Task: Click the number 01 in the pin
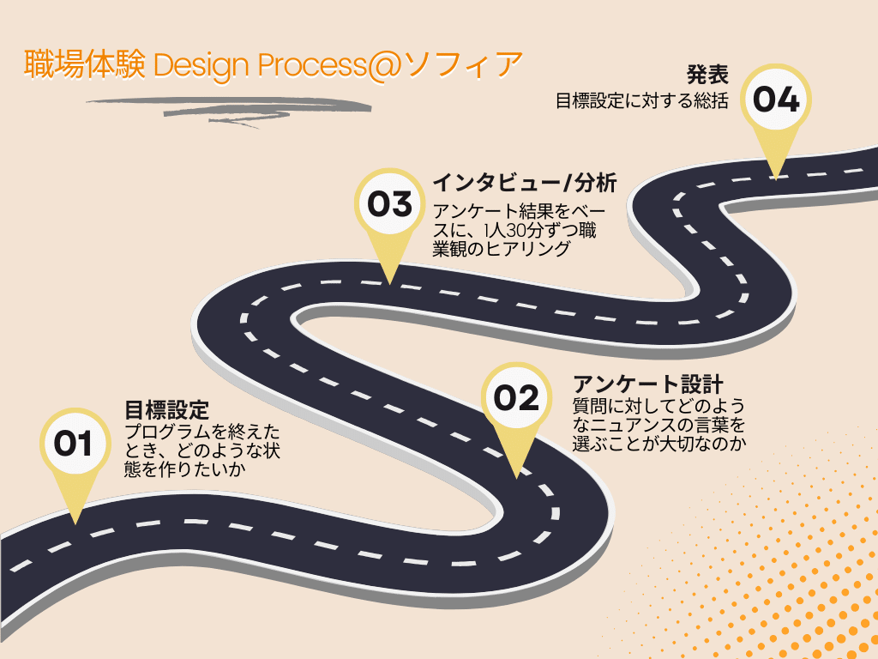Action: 73,444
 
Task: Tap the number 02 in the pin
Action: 515,398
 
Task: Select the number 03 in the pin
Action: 390,204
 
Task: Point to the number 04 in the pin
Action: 775,100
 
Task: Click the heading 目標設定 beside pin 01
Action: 166,410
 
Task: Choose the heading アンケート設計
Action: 648,384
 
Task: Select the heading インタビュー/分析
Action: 525,183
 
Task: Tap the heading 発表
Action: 707,75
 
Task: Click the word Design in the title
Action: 201,65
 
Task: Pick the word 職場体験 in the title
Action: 85,63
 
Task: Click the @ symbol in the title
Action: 385,65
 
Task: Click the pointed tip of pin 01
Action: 75,524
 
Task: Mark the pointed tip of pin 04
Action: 775,179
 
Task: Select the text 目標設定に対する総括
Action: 641,101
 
